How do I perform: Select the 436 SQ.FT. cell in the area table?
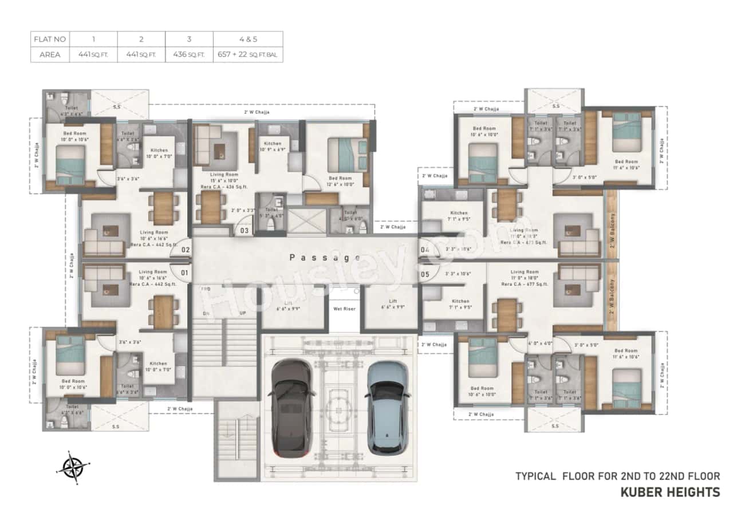point(189,55)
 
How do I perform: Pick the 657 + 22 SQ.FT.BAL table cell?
point(248,55)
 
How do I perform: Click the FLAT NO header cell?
point(50,40)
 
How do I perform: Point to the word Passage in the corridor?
point(325,258)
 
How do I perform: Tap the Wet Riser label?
point(344,309)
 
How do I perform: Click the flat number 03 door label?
point(245,231)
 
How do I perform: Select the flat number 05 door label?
point(424,274)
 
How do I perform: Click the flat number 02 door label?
point(186,250)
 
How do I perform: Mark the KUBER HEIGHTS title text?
point(671,492)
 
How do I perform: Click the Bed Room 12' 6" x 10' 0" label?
point(341,181)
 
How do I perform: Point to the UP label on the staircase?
point(243,314)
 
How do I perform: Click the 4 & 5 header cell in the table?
point(248,40)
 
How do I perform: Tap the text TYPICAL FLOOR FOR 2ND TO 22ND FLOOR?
point(617,476)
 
